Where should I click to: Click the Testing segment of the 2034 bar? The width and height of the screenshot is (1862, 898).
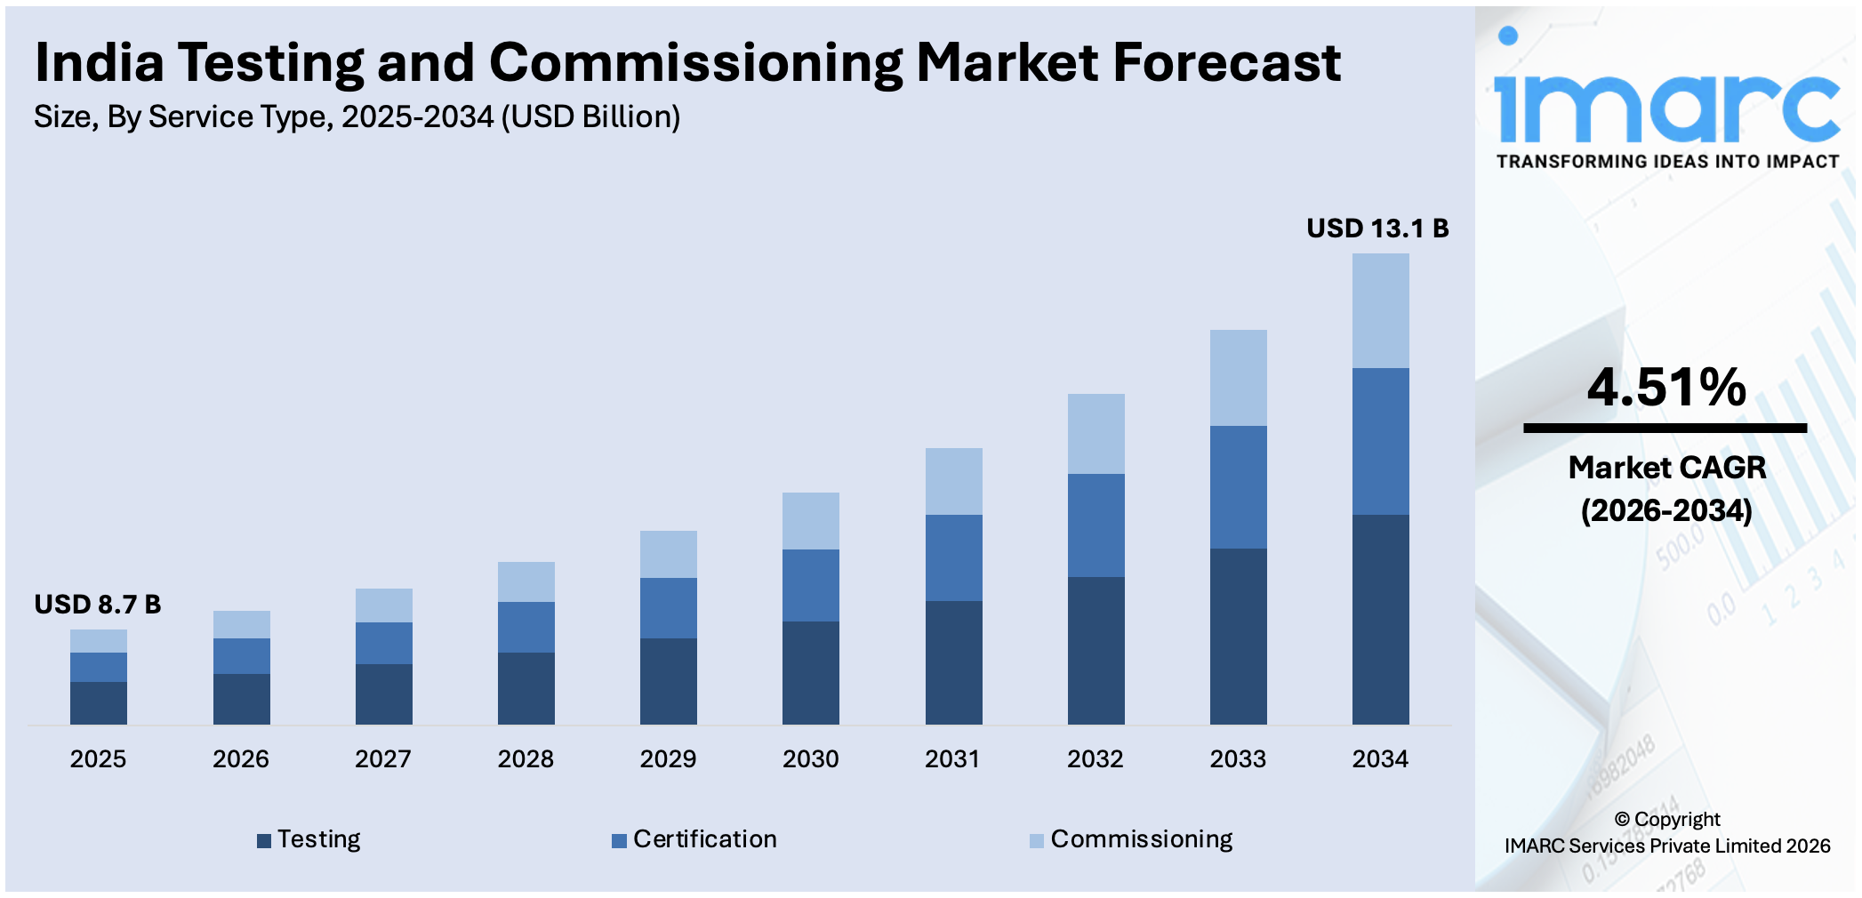point(1380,619)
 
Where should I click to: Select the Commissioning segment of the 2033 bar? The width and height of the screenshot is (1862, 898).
point(1238,378)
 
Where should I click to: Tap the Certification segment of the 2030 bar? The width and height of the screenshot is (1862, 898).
point(810,585)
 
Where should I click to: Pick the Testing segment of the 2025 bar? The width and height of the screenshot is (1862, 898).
point(98,702)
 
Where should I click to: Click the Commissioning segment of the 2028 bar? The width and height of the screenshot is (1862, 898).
point(526,581)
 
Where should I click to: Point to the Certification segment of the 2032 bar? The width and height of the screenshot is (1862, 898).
point(1096,525)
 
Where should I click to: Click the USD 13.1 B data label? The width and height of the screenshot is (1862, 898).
point(1376,229)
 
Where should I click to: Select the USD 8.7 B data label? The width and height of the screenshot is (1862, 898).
point(98,605)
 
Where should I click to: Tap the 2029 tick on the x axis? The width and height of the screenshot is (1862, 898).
point(668,758)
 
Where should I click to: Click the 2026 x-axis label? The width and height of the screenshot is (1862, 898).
point(240,758)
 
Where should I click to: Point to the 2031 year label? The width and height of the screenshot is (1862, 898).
point(952,758)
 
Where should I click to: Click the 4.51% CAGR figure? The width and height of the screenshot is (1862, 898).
point(1665,388)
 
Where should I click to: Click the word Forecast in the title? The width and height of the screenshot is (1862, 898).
point(1226,63)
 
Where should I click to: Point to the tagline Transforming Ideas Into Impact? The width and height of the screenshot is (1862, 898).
point(1667,162)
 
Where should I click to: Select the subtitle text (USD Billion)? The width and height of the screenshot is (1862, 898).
point(590,117)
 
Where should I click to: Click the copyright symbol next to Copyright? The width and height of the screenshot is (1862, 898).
point(1621,820)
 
